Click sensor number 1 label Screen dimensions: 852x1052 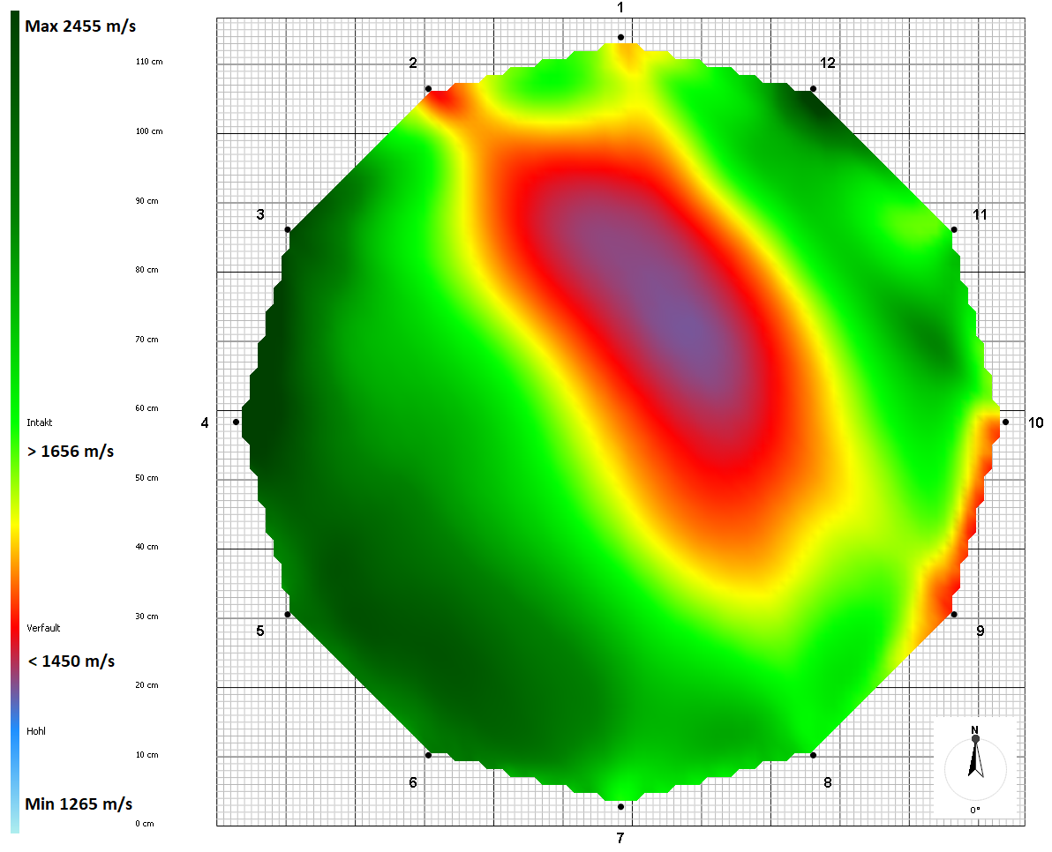[620, 8]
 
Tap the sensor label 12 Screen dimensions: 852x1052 [827, 64]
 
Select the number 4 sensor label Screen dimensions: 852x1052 [205, 423]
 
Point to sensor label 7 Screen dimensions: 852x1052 [620, 837]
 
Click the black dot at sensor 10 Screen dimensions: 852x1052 [1005, 422]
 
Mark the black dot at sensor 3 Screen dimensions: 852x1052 [288, 230]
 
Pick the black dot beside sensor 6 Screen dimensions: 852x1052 [428, 755]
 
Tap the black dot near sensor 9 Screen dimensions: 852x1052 [953, 614]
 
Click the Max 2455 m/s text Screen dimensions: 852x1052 [80, 26]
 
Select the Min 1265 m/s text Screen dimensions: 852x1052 [79, 804]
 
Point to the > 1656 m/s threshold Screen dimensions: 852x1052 [71, 452]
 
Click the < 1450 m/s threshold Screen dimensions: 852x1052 [71, 661]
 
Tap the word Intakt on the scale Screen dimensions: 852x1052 [40, 423]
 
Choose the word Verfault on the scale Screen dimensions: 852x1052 [43, 628]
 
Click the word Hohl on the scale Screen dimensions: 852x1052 [36, 731]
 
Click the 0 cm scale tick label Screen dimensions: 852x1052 [145, 824]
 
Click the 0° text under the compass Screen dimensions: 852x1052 [975, 810]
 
